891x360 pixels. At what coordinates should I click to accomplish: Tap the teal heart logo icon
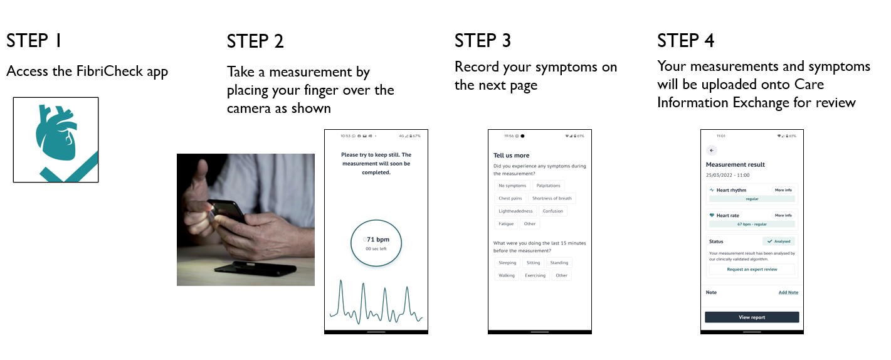[56, 140]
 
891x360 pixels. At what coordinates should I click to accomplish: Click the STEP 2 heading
[255, 41]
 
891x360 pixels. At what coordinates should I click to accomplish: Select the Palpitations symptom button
[548, 186]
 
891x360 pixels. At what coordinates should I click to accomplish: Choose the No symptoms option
[512, 186]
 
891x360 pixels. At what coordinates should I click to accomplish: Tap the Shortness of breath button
[552, 198]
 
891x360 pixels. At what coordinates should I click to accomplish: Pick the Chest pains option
[510, 198]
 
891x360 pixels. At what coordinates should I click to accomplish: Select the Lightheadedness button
[515, 211]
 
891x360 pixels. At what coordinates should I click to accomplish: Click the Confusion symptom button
[552, 211]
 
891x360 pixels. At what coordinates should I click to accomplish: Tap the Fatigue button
[506, 224]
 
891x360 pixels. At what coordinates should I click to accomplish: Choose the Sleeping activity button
[507, 263]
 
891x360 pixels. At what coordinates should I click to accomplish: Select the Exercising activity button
[535, 275]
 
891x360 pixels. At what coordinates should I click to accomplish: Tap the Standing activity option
[559, 263]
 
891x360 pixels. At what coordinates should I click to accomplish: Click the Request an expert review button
[752, 269]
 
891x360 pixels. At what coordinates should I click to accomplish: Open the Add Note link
[788, 292]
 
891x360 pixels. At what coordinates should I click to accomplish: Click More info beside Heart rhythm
[783, 190]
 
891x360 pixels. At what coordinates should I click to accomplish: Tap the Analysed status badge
[779, 241]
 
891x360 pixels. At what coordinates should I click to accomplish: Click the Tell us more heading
[511, 156]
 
